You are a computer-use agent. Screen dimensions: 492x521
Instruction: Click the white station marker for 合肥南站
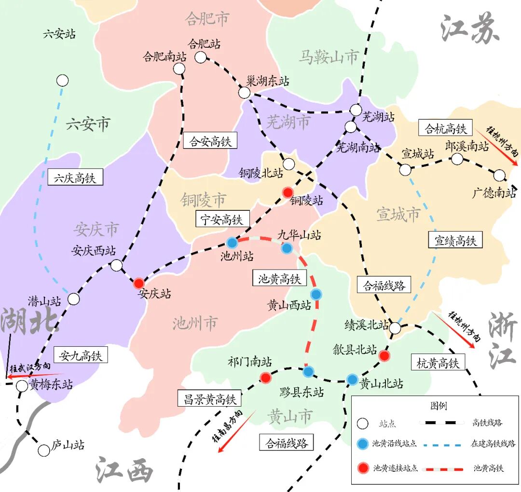[x=179, y=68]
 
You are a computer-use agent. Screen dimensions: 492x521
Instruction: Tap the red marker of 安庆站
[x=138, y=283]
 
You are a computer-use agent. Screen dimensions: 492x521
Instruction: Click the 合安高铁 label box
[x=210, y=141]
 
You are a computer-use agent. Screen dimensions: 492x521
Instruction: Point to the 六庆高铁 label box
[x=75, y=178]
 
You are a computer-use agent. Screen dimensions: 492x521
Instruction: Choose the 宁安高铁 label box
[x=222, y=219]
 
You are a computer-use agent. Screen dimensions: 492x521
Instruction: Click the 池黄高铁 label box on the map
[x=279, y=278]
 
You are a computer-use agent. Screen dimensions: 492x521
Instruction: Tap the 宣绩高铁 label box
[x=455, y=240]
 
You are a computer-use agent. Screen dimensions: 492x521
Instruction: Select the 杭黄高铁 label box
[x=438, y=363]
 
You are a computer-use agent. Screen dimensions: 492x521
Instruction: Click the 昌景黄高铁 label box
[x=209, y=398]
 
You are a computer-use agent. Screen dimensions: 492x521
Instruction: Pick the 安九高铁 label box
[x=81, y=355]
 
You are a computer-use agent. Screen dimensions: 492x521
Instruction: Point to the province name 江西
[x=124, y=469]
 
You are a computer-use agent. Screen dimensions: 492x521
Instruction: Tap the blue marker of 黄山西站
[x=316, y=294]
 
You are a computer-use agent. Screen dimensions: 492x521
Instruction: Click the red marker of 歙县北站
[x=384, y=356]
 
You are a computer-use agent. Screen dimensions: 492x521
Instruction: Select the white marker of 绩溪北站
[x=395, y=328]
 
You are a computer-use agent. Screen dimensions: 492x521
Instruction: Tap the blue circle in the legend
[x=363, y=443]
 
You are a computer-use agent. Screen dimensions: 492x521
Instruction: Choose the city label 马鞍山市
[x=329, y=57]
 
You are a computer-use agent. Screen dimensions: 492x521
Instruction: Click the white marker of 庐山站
[x=44, y=450]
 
